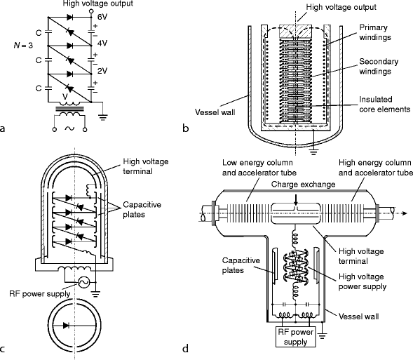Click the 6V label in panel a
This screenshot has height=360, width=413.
click(102, 17)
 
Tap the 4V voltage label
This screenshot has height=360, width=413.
click(102, 44)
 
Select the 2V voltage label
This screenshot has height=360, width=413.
click(102, 71)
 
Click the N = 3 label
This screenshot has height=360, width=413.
click(23, 46)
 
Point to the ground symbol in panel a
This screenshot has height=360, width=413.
click(102, 116)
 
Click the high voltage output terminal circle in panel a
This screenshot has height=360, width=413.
click(91, 11)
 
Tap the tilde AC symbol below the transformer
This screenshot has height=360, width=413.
click(69, 128)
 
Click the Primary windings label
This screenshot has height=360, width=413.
click(375, 32)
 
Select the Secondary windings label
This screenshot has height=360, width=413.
click(379, 67)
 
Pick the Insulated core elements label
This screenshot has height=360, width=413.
click(385, 104)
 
